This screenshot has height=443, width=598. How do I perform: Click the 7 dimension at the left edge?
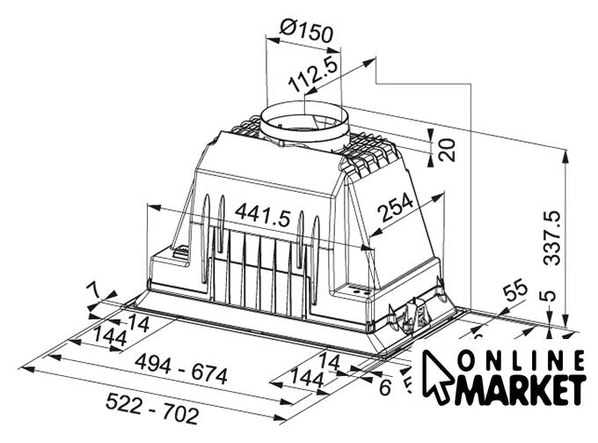(92, 291)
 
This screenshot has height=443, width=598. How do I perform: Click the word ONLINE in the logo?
(521, 361)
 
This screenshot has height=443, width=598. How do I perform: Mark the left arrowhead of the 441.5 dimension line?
(150, 208)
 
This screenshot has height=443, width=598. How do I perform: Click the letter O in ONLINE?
(466, 361)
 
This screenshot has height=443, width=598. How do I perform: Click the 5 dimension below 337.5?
(549, 301)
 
